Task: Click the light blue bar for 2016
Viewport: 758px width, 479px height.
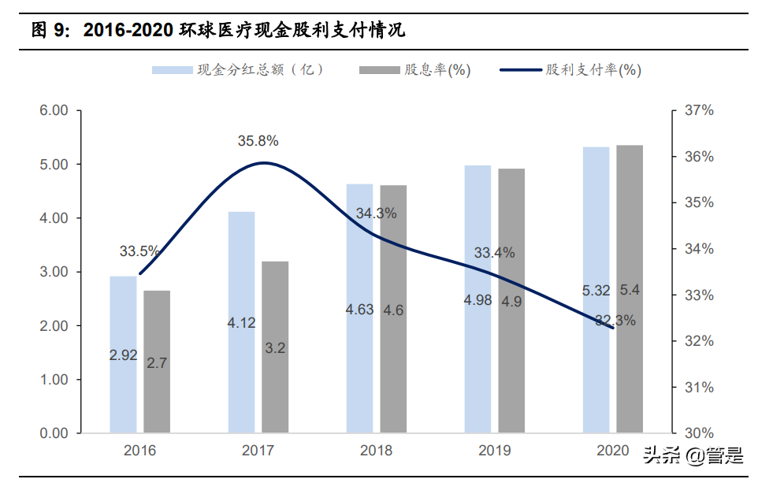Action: (x=123, y=355)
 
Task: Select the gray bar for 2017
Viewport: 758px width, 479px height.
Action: (x=275, y=347)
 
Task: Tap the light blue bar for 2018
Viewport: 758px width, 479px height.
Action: (x=359, y=308)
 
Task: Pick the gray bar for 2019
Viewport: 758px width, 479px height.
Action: (x=511, y=300)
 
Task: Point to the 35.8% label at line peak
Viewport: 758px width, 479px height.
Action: (x=258, y=141)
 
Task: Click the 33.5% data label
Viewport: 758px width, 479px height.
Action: (x=139, y=252)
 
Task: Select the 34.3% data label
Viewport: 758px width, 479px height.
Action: (x=376, y=214)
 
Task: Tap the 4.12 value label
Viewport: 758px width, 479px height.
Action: (x=240, y=323)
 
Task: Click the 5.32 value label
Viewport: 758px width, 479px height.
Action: (x=596, y=291)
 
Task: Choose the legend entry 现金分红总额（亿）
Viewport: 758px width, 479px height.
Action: (x=239, y=70)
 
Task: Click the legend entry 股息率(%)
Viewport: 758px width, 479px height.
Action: (x=415, y=70)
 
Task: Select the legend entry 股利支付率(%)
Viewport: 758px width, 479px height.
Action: (x=571, y=70)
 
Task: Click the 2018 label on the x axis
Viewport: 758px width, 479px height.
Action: (x=376, y=451)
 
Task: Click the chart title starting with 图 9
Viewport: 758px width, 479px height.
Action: (x=218, y=31)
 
